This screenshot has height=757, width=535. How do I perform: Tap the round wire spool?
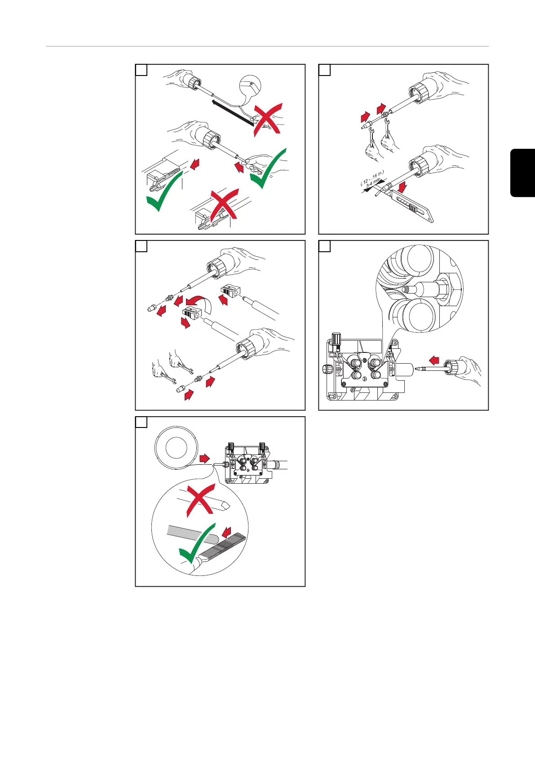point(176,447)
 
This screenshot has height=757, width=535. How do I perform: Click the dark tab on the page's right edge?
point(523,173)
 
